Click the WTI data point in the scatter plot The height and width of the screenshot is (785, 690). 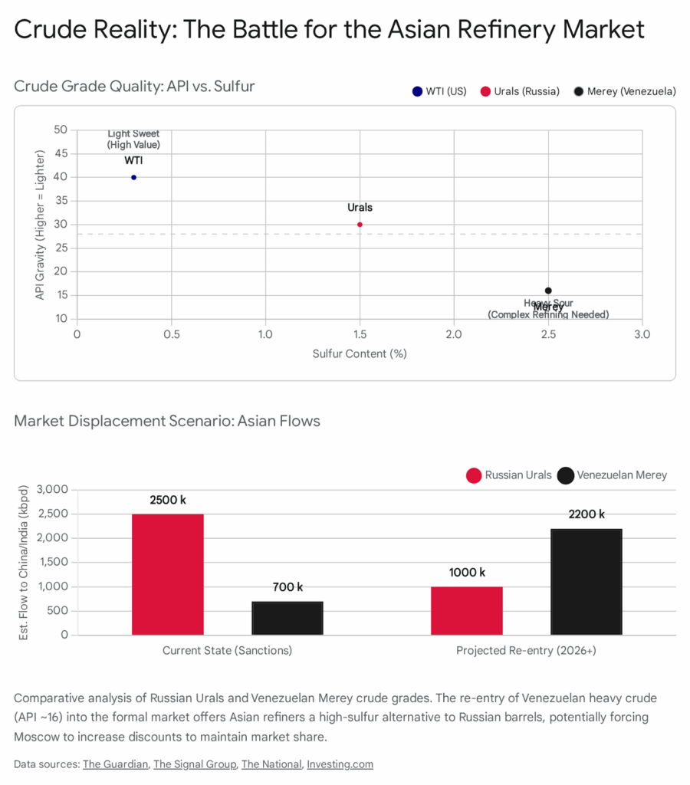coord(133,177)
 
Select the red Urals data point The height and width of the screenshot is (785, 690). coord(360,225)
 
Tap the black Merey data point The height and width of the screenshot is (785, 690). coord(548,291)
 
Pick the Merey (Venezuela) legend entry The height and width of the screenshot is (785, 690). coord(625,91)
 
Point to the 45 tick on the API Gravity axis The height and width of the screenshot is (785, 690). coord(60,153)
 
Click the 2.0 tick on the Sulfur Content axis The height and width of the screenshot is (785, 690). coord(454,334)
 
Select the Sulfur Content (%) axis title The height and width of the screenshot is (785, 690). coord(360,353)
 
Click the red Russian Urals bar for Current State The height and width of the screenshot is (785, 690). coord(168,574)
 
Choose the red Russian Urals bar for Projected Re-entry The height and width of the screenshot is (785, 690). coord(467,610)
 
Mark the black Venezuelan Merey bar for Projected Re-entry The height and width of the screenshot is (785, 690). coord(586,582)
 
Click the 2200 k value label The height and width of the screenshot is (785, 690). coord(586,514)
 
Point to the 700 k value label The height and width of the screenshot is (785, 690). coord(287,587)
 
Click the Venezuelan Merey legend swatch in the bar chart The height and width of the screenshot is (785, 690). coord(566,475)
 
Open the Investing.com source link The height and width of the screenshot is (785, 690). coord(340,764)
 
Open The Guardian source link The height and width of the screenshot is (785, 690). coord(114,764)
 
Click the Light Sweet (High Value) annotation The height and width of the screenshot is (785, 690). coord(133,139)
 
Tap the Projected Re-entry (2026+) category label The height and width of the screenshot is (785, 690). coord(526,650)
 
